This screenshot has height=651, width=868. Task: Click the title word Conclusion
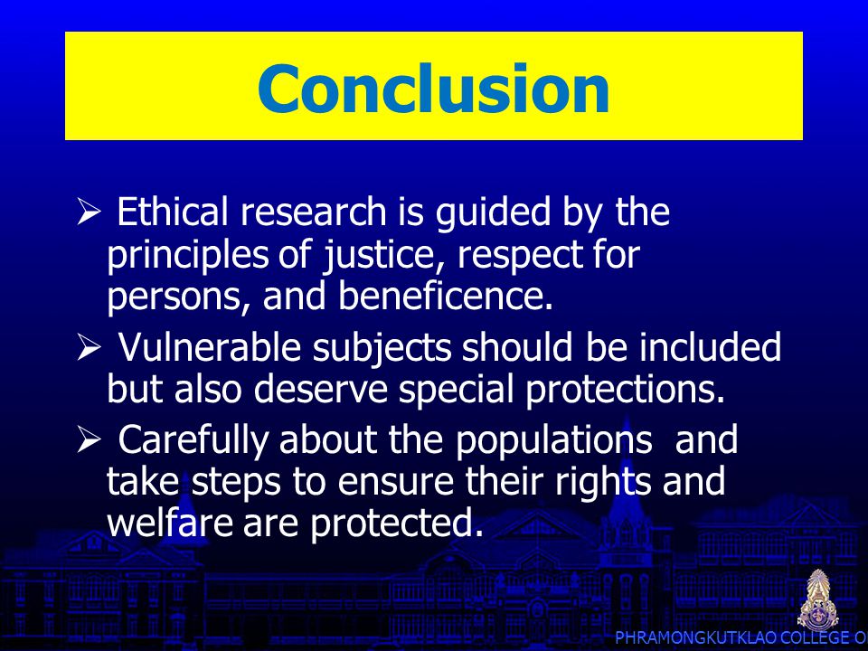433,88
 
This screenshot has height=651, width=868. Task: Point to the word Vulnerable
210,347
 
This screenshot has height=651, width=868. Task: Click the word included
711,347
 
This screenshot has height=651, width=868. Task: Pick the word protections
625,389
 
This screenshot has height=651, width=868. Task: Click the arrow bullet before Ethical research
90,212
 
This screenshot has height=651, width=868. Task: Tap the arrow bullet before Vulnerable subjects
90,347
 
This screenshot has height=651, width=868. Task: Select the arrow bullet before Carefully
90,440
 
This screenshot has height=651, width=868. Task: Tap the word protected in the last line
396,524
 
